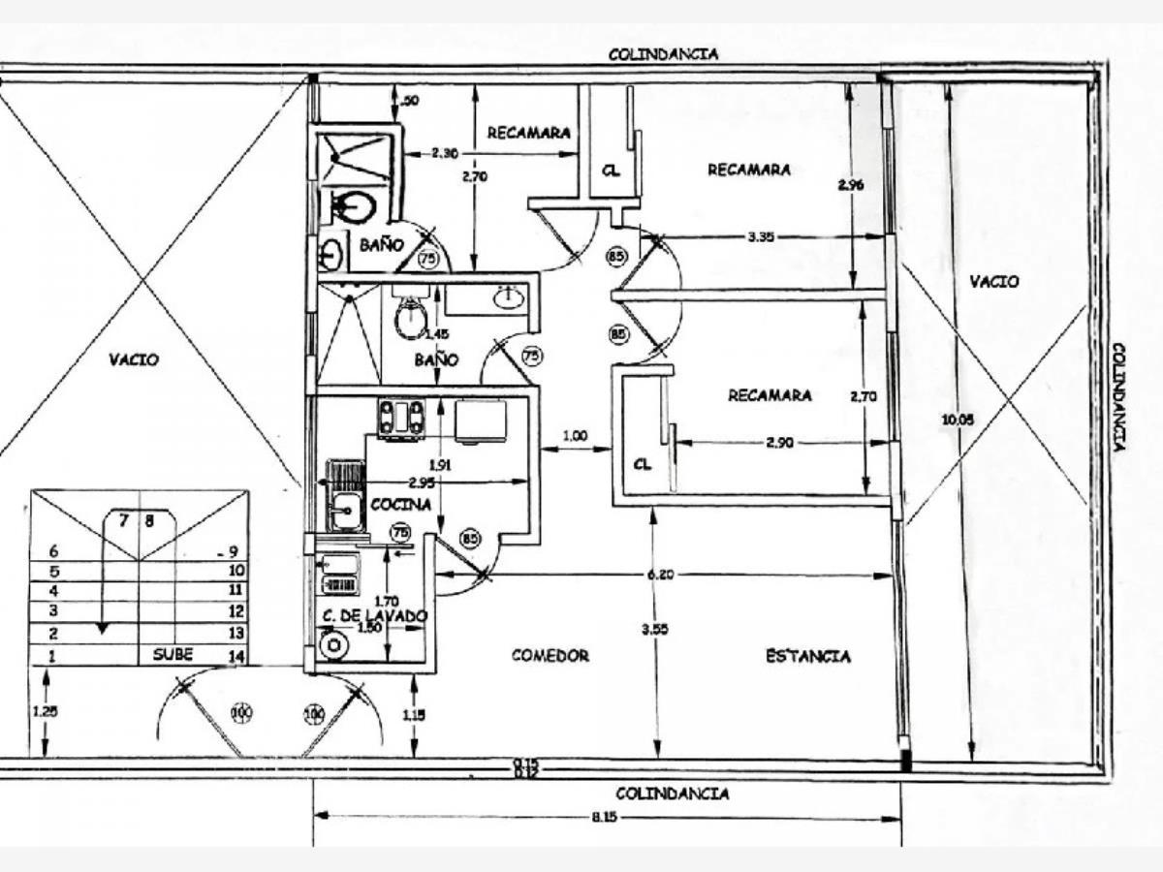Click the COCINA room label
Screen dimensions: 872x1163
tap(400, 505)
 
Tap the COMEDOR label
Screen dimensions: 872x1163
tap(550, 656)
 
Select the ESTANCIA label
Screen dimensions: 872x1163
tap(807, 656)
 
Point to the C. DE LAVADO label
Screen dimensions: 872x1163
tap(374, 614)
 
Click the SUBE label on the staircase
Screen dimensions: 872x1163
tap(173, 654)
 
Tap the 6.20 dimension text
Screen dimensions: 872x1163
tap(662, 575)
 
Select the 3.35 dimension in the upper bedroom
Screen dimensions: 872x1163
tap(764, 235)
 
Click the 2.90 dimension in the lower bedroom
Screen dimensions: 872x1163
tap(780, 442)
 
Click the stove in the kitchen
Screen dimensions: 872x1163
tap(401, 419)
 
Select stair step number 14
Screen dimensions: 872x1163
tap(236, 656)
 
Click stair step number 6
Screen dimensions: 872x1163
tap(54, 550)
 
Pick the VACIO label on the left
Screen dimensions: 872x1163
tap(134, 359)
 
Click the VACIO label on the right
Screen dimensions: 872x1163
tap(994, 282)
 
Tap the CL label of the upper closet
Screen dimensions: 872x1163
tap(611, 171)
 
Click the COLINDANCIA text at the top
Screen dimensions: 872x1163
tap(664, 54)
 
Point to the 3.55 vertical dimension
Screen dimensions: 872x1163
tap(660, 629)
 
